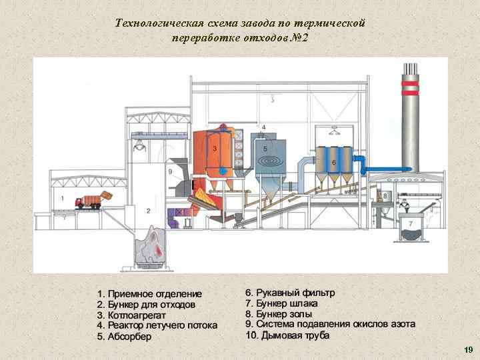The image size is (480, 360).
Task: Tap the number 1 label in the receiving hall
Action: click(62, 198)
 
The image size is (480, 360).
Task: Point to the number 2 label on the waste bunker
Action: click(148, 211)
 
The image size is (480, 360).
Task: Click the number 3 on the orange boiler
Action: click(214, 149)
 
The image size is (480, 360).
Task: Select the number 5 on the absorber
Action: click(265, 148)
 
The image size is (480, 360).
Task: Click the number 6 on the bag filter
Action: click(333, 162)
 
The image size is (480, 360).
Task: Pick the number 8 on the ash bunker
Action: click(385, 195)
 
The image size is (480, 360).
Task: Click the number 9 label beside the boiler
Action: click(170, 172)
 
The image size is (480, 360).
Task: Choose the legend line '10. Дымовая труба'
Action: click(287, 335)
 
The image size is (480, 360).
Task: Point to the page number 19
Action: click(467, 349)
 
